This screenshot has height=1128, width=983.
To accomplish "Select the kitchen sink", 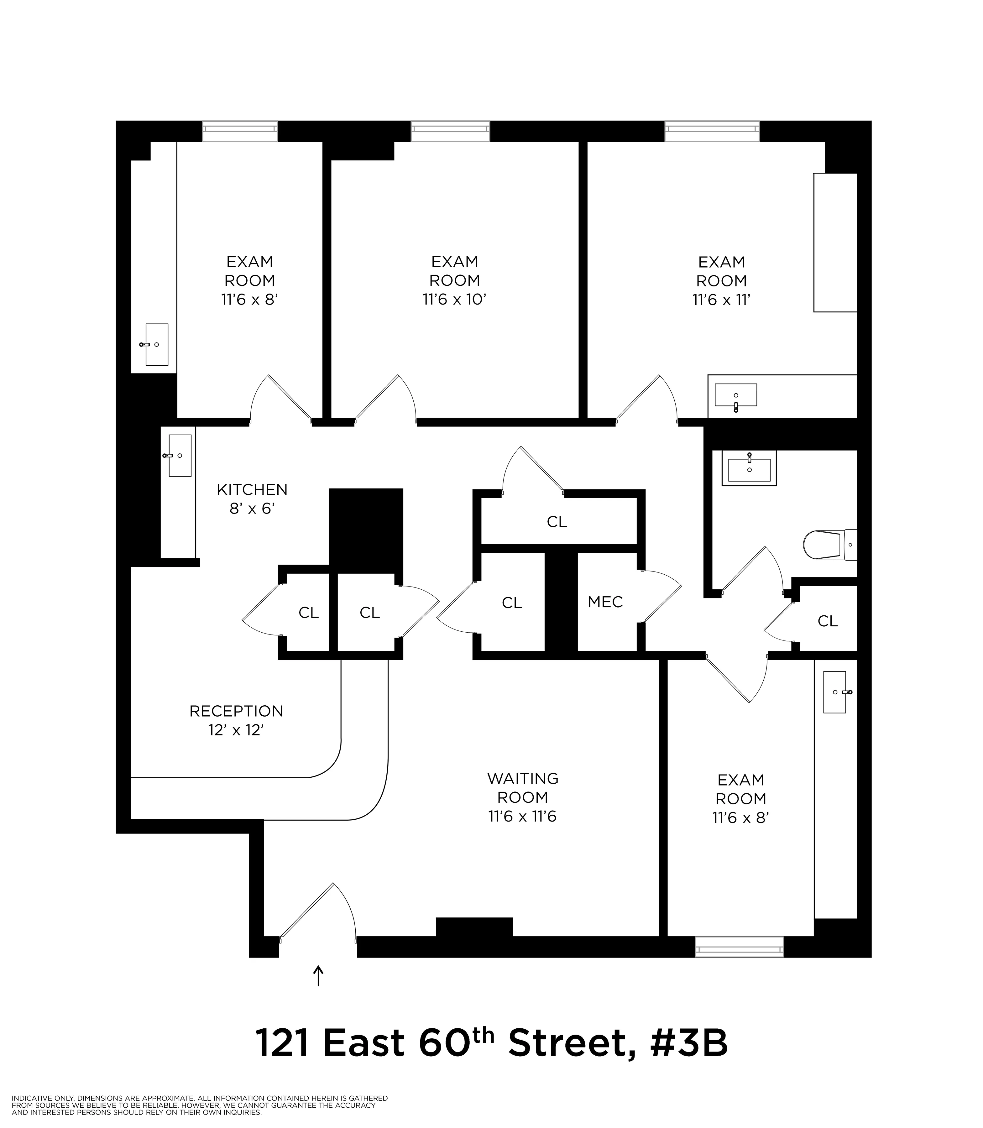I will [x=179, y=455].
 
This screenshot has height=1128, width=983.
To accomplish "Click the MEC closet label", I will [x=605, y=602].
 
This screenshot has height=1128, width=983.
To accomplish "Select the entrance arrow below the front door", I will [x=318, y=975].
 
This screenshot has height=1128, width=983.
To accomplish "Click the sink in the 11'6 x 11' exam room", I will [x=735, y=395].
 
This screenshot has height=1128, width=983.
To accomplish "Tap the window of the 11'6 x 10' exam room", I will [x=450, y=131].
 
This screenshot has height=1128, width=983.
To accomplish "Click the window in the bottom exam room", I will [x=740, y=946].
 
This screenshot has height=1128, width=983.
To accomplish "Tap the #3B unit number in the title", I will [x=689, y=1043].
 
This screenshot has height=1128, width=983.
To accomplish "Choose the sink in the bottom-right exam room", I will [x=834, y=692].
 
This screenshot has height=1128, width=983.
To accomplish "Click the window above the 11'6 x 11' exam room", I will [x=712, y=131].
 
